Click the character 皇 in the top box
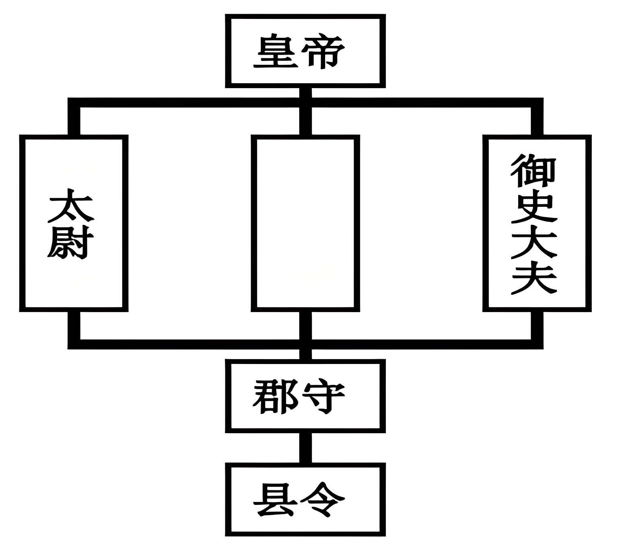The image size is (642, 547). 276,52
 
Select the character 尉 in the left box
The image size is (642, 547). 71,242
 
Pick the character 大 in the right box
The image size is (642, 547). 534,243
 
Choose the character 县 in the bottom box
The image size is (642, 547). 276,500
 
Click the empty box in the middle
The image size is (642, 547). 305,223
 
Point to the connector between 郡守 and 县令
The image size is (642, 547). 305,448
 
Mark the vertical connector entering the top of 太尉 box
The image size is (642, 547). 74,121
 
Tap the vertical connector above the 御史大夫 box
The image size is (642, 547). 537,121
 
